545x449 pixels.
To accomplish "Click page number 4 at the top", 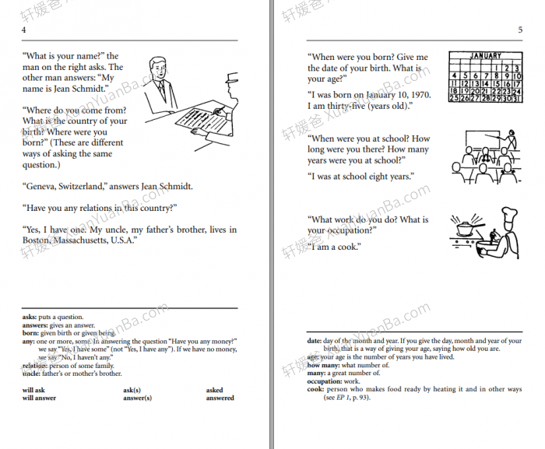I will pyautogui.click(x=24, y=30).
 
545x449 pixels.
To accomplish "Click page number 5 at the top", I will pyautogui.click(x=519, y=30).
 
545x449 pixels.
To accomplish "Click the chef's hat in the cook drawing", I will pyautogui.click(x=508, y=214).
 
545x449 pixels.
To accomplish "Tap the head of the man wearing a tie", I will pyautogui.click(x=159, y=68).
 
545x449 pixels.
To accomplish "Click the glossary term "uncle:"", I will pyautogui.click(x=32, y=374).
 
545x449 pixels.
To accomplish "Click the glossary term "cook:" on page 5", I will pyautogui.click(x=316, y=389).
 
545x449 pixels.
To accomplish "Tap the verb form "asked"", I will pyautogui.click(x=215, y=390).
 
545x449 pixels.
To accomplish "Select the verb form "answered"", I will pyautogui.click(x=220, y=398).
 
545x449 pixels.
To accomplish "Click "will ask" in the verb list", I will pyautogui.click(x=33, y=390).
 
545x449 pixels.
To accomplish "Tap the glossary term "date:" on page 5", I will pyautogui.click(x=315, y=341).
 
